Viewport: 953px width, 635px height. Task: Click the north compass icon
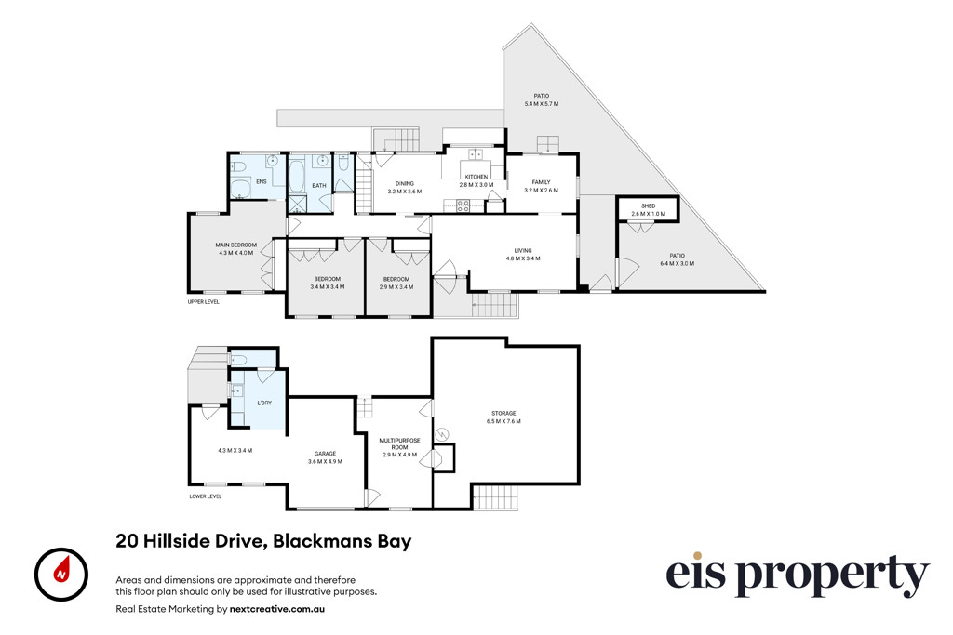[60, 575]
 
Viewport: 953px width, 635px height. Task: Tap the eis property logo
[798, 575]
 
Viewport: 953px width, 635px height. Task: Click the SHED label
[648, 206]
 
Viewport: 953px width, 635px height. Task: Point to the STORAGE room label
[503, 414]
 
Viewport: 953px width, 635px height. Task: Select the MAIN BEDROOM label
[235, 245]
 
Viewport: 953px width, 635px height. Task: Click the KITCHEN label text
[476, 177]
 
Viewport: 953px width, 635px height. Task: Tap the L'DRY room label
[264, 403]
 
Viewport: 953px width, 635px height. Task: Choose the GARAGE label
[325, 454]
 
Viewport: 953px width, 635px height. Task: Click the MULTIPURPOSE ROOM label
[399, 443]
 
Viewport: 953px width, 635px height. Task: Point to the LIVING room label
[523, 250]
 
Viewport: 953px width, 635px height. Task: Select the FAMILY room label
[541, 182]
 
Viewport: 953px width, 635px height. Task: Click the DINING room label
[404, 183]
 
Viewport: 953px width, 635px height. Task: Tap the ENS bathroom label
[262, 181]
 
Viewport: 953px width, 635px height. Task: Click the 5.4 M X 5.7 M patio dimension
[542, 104]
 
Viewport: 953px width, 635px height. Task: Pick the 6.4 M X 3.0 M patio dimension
[678, 263]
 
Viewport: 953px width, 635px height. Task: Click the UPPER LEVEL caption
[204, 302]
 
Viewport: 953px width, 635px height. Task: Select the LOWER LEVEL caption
[206, 496]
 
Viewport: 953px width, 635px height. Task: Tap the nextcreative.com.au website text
[277, 608]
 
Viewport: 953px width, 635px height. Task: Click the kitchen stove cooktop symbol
[463, 206]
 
